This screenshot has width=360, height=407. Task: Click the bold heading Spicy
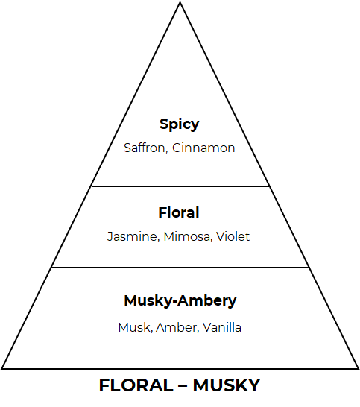coord(180,124)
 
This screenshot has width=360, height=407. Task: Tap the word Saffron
coord(145,148)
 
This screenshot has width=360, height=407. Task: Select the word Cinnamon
coord(203,148)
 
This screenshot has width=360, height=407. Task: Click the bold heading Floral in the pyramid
coord(179,212)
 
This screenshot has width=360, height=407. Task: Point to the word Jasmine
coord(132,236)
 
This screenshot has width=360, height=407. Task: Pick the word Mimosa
coord(187,236)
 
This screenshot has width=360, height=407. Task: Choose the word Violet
coord(233,236)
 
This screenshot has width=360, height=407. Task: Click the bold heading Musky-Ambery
coord(180,301)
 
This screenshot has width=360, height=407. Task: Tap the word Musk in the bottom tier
coord(134,327)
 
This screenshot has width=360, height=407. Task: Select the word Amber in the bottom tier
coord(177,327)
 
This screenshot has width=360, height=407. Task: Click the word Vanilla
coord(222,327)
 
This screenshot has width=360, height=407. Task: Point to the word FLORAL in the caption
coord(136,385)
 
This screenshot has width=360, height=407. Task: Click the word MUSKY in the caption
coord(227,385)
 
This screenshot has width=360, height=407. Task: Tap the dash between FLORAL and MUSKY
coord(183,385)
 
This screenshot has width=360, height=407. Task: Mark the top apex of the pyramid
coord(180,2)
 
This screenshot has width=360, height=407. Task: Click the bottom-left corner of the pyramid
coord(1,368)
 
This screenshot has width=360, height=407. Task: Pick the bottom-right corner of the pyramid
coord(359,368)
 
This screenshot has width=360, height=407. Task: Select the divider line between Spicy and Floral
coord(180,186)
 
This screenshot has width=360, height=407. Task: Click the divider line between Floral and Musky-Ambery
coord(180,268)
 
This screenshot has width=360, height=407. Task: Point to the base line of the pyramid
coord(180,368)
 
